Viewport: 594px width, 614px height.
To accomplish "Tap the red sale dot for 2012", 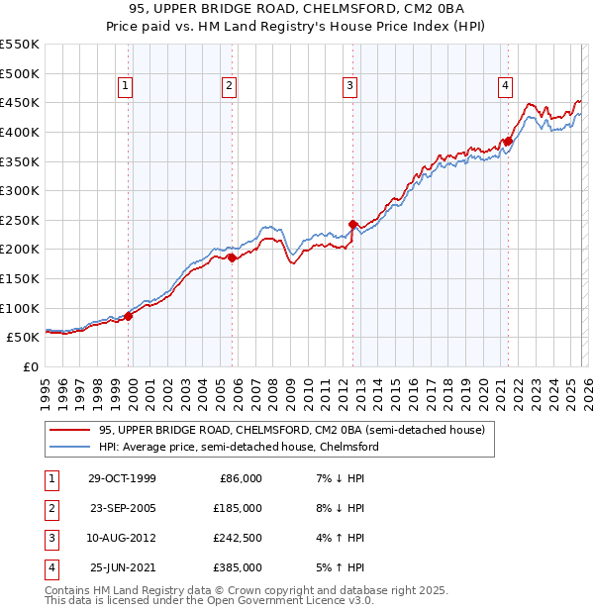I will (x=353, y=225).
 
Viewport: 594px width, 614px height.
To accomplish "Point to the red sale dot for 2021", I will (x=508, y=141).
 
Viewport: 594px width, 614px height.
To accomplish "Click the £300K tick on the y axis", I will (x=20, y=190).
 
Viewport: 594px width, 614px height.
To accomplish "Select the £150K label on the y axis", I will (x=20, y=278).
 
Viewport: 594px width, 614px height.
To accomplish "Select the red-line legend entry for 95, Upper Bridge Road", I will (x=291, y=430).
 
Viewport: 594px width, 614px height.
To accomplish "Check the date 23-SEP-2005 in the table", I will (x=123, y=508).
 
